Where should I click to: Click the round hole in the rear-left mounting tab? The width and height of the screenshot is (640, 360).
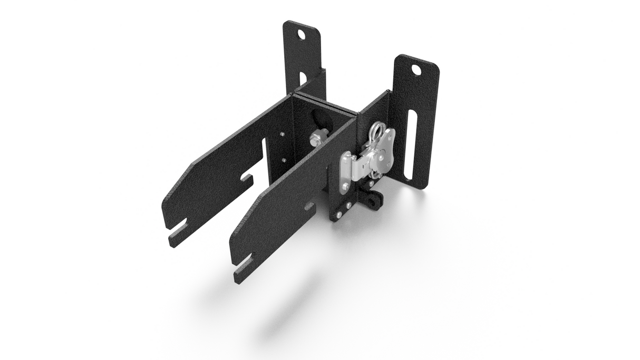[x=302, y=35]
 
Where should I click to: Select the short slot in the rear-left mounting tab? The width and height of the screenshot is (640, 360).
[x=303, y=79]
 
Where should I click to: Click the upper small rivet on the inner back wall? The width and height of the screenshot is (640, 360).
[x=283, y=135]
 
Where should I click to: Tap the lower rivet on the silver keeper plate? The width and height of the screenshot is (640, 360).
[x=345, y=186]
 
